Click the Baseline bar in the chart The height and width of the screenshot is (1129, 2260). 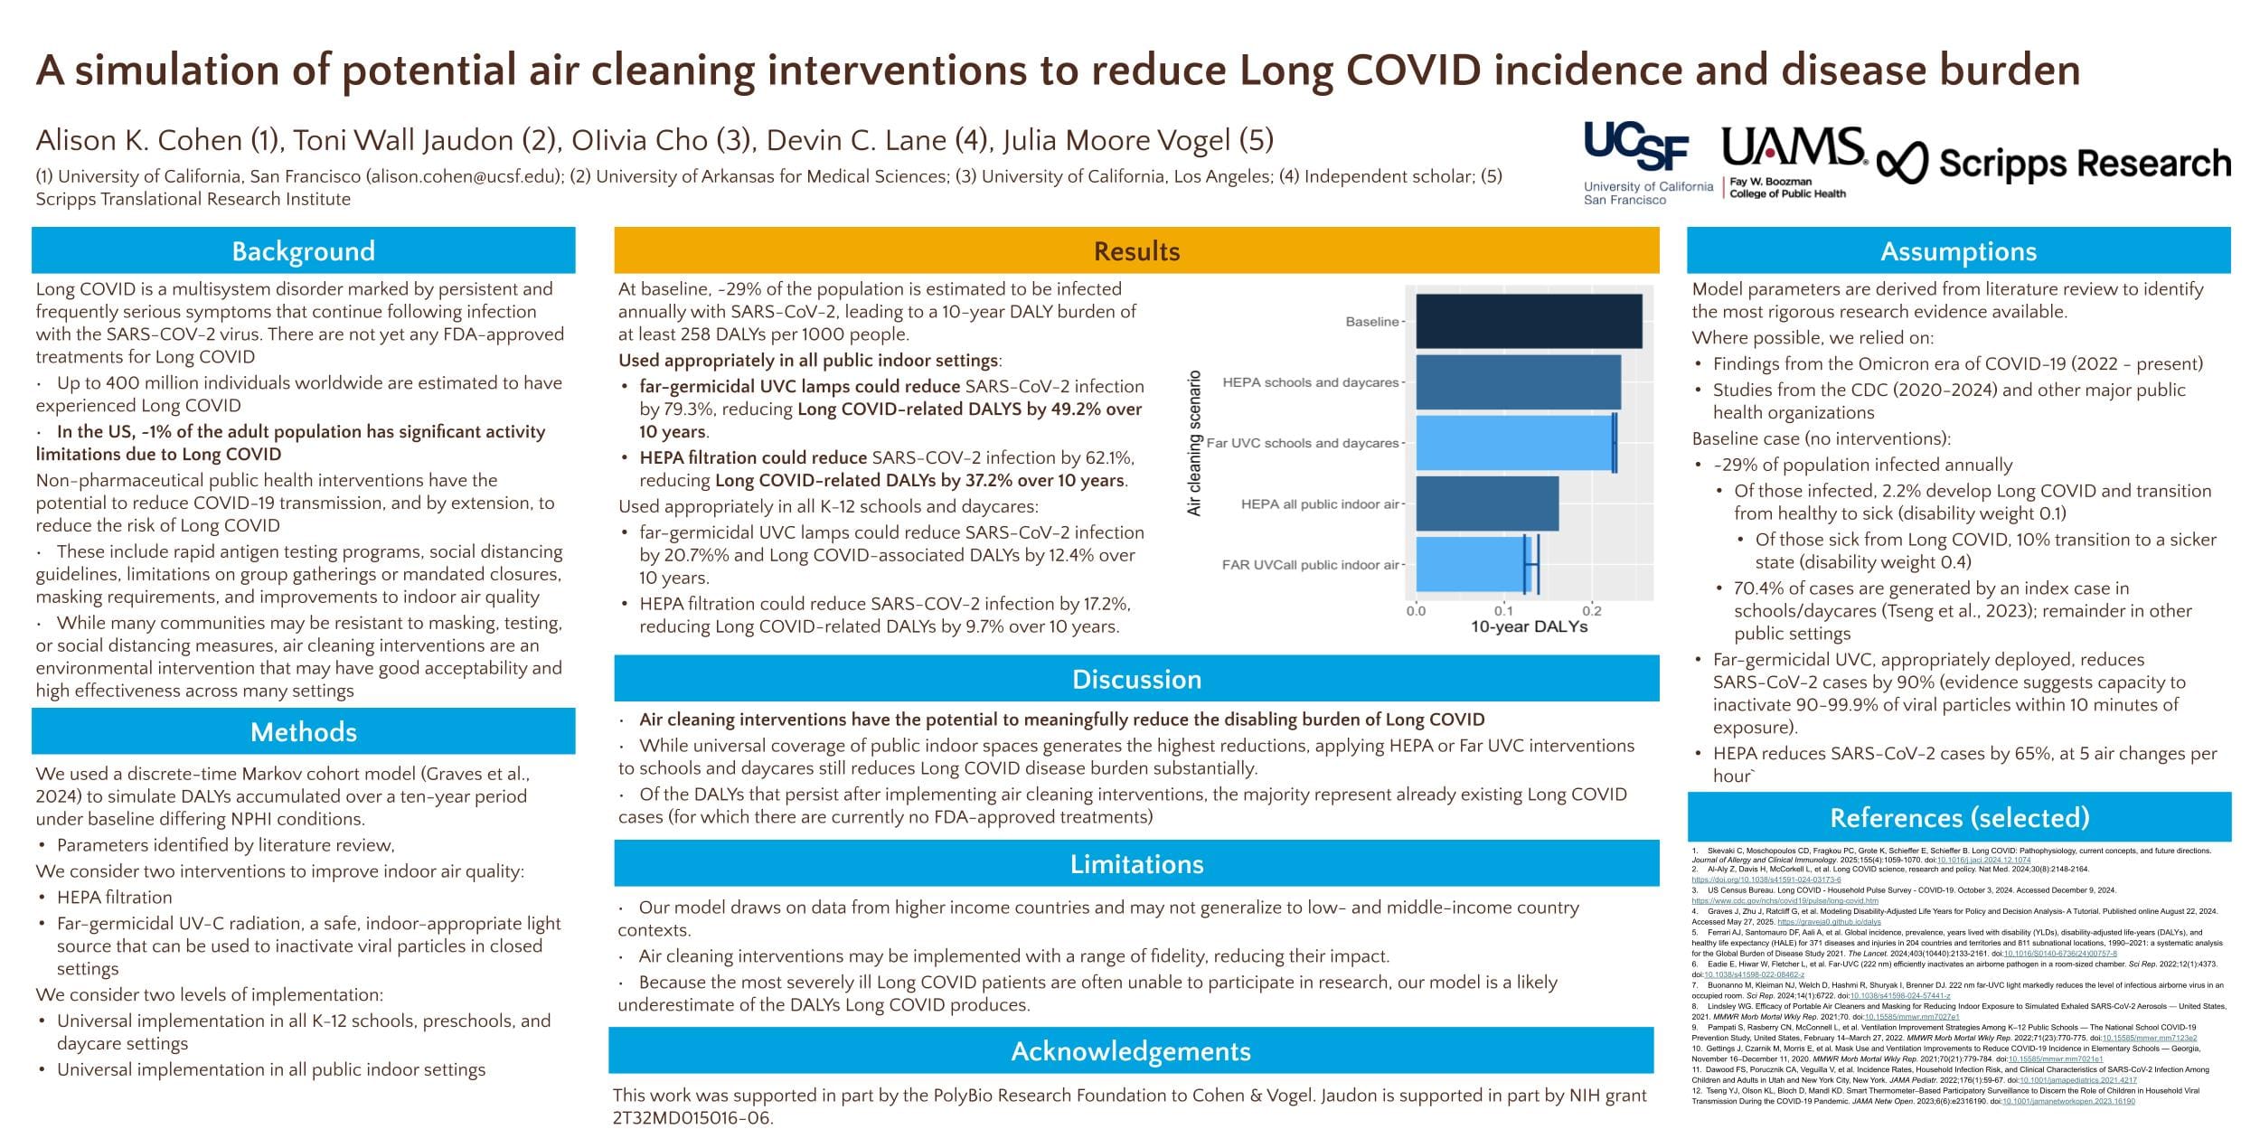coord(1528,321)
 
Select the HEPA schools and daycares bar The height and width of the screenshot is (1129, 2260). coord(1517,382)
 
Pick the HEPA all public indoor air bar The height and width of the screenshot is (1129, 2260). coord(1486,503)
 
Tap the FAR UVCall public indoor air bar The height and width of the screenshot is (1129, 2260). coord(1469,565)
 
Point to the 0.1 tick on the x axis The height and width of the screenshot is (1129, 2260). coord(1503,611)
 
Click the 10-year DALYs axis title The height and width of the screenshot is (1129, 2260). coord(1529,626)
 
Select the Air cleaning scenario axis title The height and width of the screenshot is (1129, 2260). coord(1194,443)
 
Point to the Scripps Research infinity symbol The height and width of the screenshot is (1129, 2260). coord(1902,164)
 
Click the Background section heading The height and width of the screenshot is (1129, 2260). coord(303,250)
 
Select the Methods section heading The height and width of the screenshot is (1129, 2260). coord(303,731)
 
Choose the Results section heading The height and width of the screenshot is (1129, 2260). coord(1136,250)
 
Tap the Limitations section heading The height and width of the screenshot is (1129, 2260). coord(1136,864)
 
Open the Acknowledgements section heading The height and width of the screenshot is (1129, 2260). coord(1130,1050)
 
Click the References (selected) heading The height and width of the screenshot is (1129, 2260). coord(1959,817)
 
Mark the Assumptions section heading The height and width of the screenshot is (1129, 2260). coord(1958,250)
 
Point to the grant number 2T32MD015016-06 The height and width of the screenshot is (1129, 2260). coord(692,1118)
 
